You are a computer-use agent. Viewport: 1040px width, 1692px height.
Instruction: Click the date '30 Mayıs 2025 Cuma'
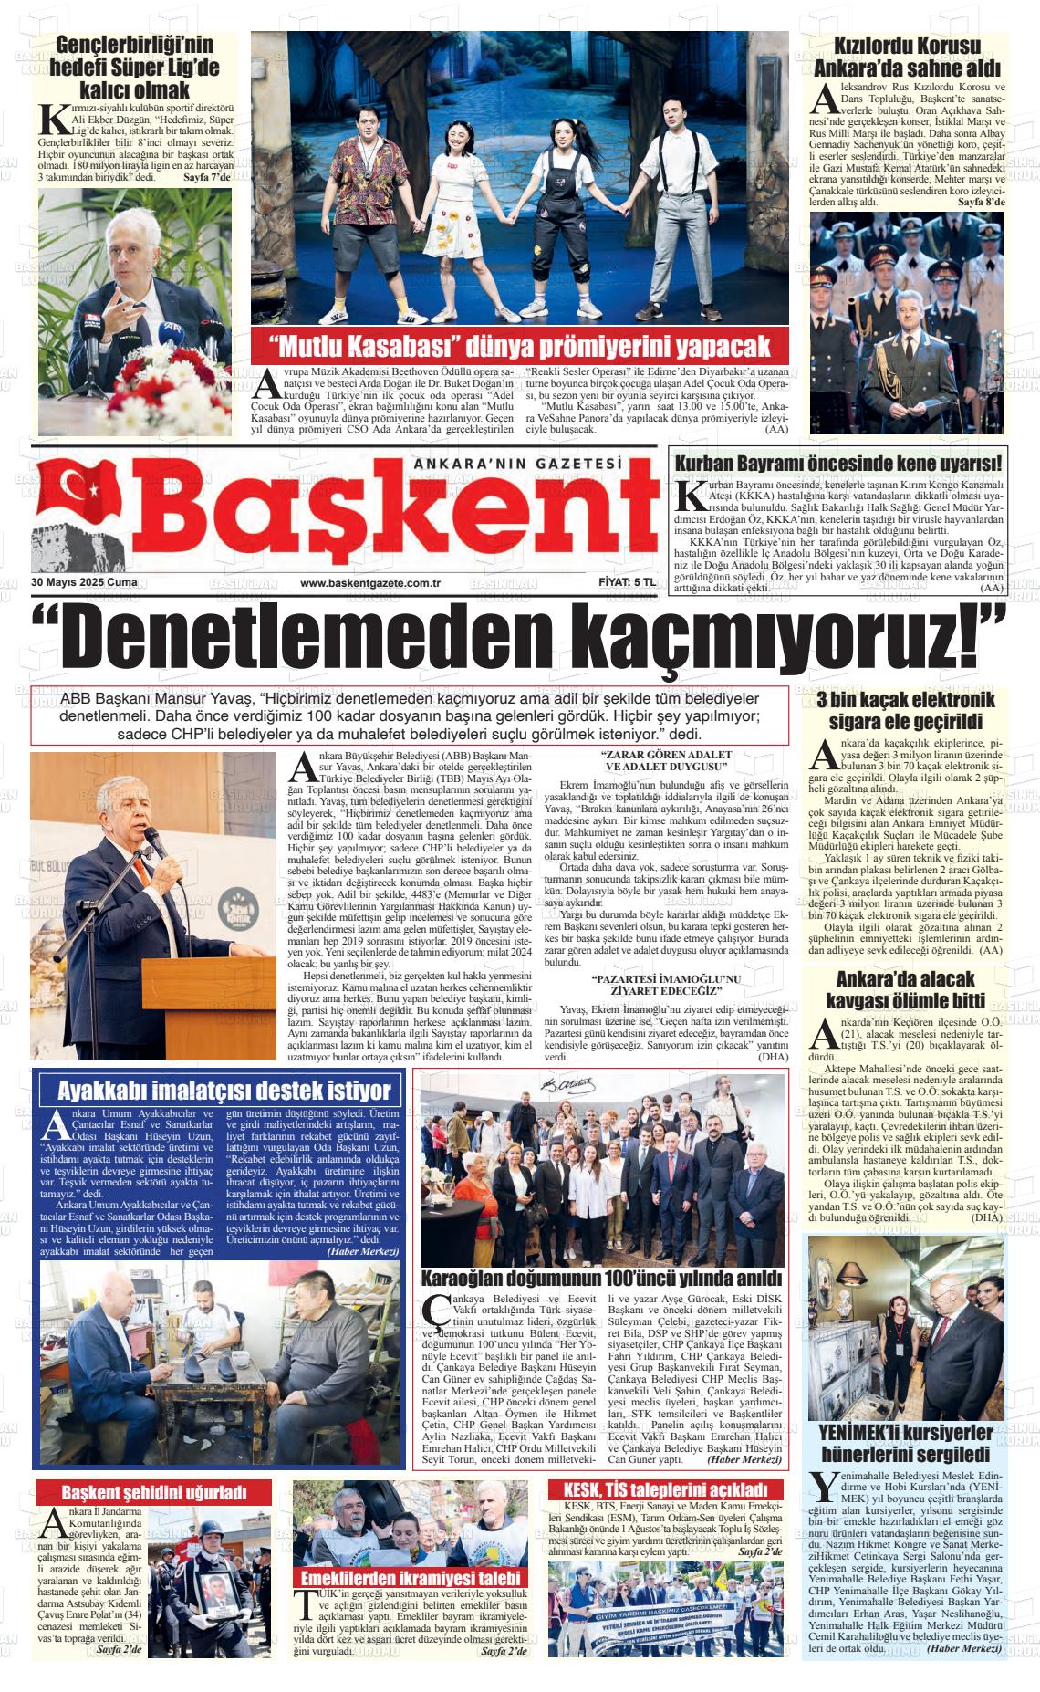(x=78, y=582)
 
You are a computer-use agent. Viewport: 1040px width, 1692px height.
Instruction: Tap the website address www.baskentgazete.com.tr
(x=370, y=583)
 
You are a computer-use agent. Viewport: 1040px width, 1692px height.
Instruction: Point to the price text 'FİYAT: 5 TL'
(x=621, y=582)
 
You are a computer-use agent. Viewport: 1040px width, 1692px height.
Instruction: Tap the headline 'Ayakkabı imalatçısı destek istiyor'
(x=224, y=1090)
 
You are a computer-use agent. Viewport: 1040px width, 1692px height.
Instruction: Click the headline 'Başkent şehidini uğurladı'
(x=154, y=1492)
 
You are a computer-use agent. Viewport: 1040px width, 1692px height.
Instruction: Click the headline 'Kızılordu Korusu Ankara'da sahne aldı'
(x=908, y=57)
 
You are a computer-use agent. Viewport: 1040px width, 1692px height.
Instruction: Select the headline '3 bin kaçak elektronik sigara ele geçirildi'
(x=906, y=711)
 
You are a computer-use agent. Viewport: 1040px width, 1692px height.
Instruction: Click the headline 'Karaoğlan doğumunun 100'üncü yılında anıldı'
(x=601, y=1278)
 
